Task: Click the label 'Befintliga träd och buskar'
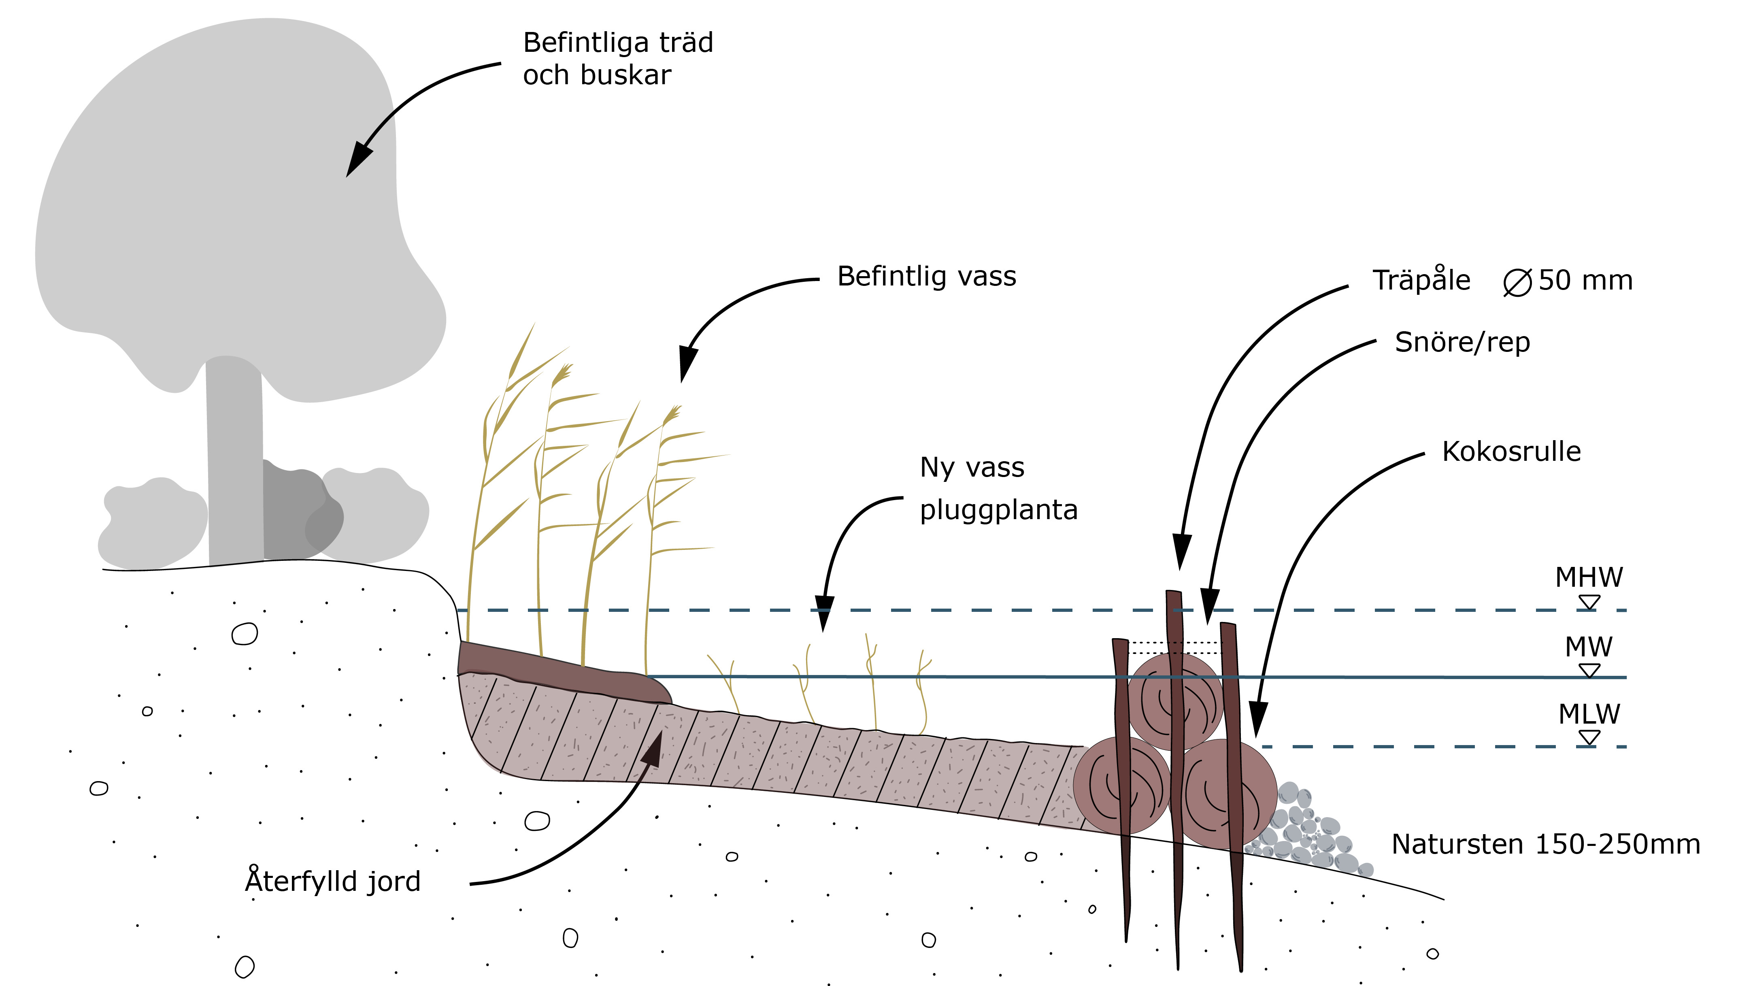tap(617, 59)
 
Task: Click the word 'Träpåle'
tap(1421, 280)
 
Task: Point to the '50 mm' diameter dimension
tap(1585, 280)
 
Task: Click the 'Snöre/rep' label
tap(1462, 342)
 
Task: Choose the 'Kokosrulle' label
tap(1511, 452)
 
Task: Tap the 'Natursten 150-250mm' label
tap(1545, 844)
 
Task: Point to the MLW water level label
tap(1589, 714)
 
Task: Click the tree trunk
tap(235, 463)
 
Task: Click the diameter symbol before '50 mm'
tap(1517, 282)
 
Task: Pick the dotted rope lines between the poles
tap(1174, 647)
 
